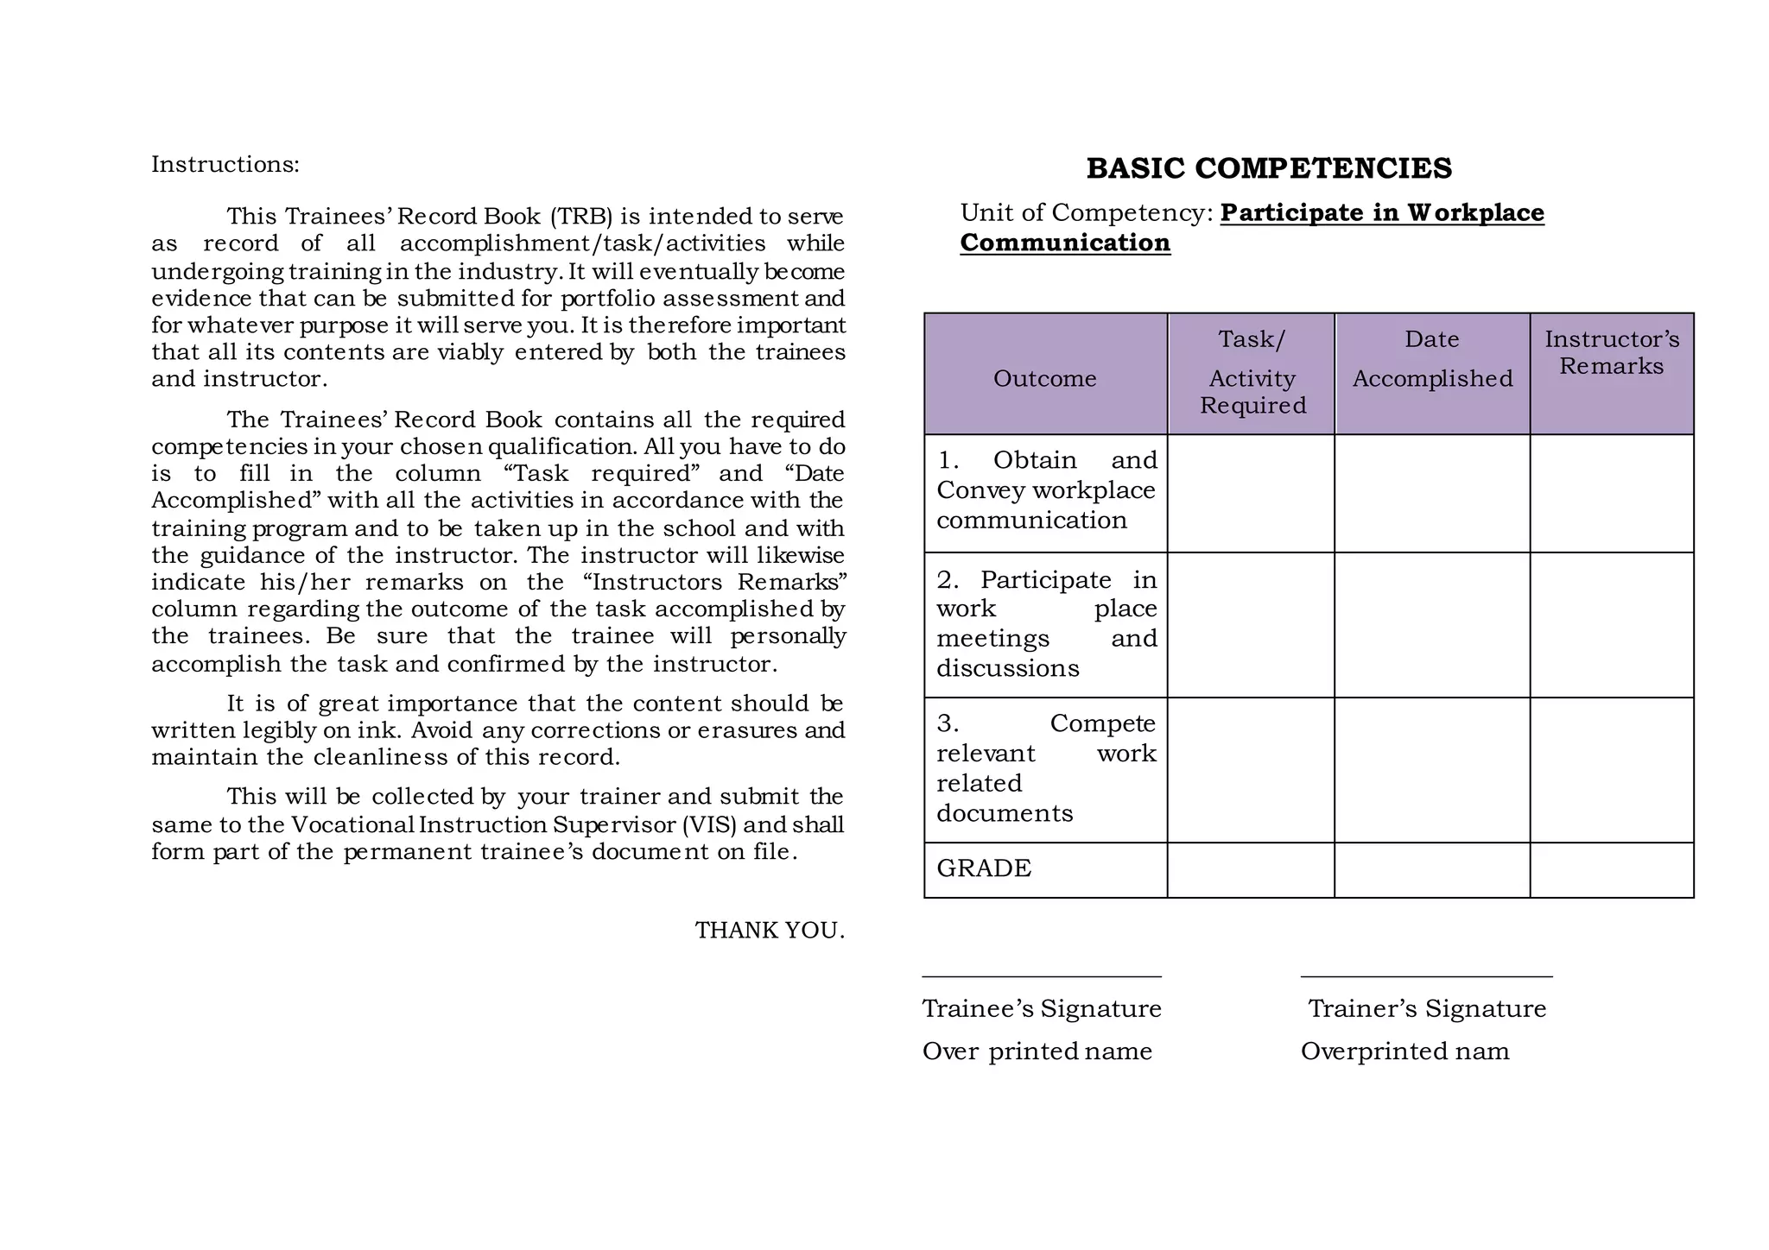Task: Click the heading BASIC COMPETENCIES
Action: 1268,168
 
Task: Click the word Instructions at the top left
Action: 225,164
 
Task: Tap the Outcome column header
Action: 1044,378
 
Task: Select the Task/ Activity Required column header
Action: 1252,373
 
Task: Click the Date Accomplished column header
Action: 1431,359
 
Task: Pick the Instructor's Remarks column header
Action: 1612,352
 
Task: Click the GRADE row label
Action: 984,868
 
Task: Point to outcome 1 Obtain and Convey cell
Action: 1045,490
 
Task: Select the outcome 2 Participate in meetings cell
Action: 1045,624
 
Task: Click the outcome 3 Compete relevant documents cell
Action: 1045,768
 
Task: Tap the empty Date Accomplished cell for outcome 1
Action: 1431,493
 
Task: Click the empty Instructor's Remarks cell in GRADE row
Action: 1612,869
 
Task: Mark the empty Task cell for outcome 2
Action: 1251,624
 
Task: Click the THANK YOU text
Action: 769,931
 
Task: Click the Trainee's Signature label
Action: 1041,1009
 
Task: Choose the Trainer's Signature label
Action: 1426,1009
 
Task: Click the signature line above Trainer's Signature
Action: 1426,976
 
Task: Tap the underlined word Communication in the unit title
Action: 1065,243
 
